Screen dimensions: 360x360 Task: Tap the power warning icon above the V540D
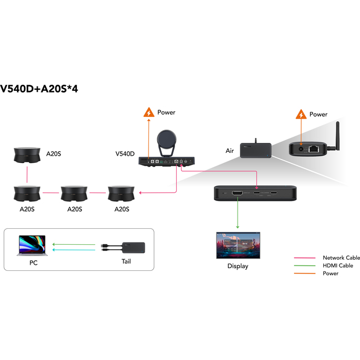coord(148,112)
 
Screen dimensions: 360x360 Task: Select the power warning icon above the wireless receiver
coord(301,115)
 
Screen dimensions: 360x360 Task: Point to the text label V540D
coord(125,153)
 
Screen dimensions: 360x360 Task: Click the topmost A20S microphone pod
coord(27,155)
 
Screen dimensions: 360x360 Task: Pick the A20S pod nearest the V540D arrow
coord(122,194)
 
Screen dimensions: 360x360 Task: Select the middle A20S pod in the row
coord(74,194)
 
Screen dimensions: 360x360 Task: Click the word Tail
coord(127,262)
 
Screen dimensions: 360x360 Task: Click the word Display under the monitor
coord(238,266)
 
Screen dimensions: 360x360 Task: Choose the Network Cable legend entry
coord(341,258)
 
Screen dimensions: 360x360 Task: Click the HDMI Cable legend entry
coord(338,266)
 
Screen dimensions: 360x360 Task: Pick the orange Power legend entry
coord(330,274)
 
